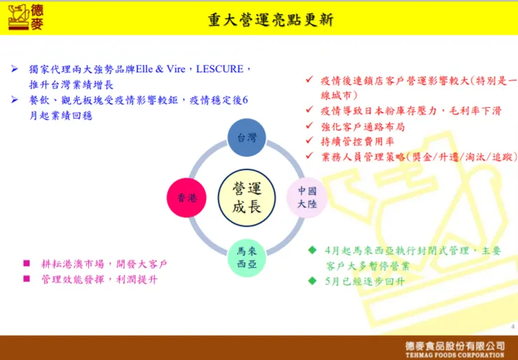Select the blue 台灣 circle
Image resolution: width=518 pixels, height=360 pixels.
coord(246,137)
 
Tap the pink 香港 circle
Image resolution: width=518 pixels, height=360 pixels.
coord(186,198)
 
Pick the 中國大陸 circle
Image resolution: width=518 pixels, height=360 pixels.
coord(307,198)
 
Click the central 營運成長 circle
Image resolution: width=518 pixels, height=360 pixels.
coord(246,198)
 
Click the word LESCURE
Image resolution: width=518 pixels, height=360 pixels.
coord(219,69)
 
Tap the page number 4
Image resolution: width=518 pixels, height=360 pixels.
coord(512,327)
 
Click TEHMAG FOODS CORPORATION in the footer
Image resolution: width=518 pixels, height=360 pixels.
coord(455,354)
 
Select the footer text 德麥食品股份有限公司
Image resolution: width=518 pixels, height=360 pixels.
coord(455,345)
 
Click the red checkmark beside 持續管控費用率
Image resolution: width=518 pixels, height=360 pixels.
coord(309,141)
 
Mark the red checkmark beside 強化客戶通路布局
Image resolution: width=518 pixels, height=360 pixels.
coord(309,126)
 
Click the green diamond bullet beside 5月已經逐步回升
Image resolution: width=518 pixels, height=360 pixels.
coord(312,281)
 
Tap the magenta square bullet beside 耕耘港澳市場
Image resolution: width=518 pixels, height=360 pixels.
coord(27,263)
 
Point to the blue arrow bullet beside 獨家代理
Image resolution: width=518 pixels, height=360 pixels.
coord(15,69)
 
